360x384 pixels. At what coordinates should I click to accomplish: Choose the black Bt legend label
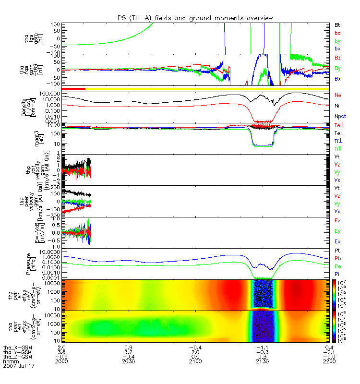click(337, 24)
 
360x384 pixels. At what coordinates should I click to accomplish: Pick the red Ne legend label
click(338, 95)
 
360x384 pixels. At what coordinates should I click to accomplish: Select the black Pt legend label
click(337, 252)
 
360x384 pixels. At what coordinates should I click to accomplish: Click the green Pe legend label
click(337, 266)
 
